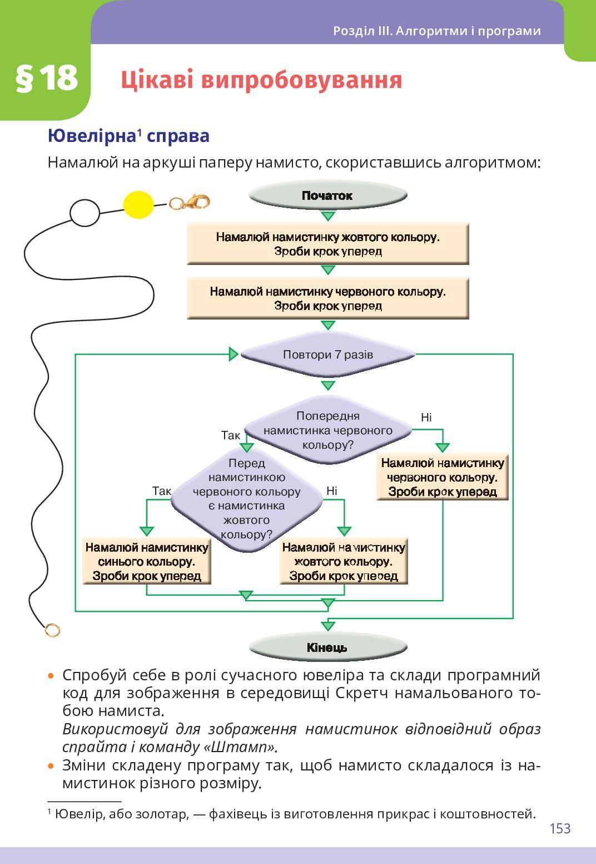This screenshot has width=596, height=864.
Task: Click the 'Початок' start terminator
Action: pyautogui.click(x=328, y=195)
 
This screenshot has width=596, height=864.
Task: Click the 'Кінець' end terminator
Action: pyautogui.click(x=328, y=647)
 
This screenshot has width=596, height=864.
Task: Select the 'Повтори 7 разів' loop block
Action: pyautogui.click(x=328, y=355)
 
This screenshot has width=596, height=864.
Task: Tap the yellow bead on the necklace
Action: pyautogui.click(x=138, y=205)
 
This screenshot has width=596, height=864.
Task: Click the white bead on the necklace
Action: pyautogui.click(x=85, y=212)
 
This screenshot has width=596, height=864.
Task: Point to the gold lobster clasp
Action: pyautogui.click(x=190, y=202)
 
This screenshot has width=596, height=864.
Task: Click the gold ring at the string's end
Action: pyautogui.click(x=52, y=630)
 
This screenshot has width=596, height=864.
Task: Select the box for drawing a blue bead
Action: pyautogui.click(x=147, y=561)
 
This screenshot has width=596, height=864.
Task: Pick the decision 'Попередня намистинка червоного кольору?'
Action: pyautogui.click(x=328, y=430)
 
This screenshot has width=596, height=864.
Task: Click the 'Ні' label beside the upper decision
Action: pyautogui.click(x=426, y=418)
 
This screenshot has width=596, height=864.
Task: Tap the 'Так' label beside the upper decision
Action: pyautogui.click(x=230, y=435)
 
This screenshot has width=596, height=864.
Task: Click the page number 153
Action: pyautogui.click(x=560, y=828)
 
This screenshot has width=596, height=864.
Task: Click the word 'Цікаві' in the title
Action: pyautogui.click(x=157, y=80)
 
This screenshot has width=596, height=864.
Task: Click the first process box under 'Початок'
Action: pyautogui.click(x=328, y=244)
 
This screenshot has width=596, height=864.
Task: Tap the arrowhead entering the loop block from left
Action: pyautogui.click(x=234, y=354)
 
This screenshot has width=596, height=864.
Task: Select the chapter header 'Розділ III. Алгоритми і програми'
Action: pyautogui.click(x=436, y=31)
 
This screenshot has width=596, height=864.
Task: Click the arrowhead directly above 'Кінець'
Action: pyautogui.click(x=328, y=626)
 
